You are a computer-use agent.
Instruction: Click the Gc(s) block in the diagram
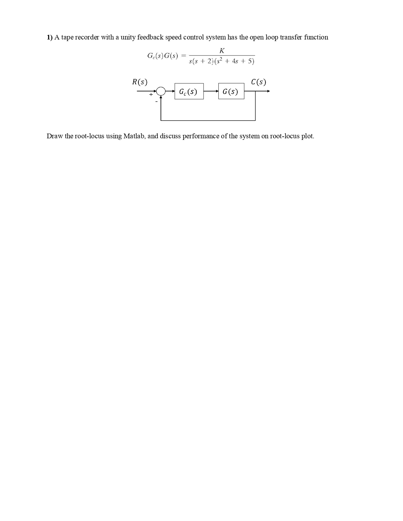189,92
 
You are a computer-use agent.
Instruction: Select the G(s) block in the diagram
231,91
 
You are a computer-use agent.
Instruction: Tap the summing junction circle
161,91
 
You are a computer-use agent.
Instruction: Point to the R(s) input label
139,82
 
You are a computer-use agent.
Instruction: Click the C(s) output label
259,82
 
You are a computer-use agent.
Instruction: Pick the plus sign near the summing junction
151,94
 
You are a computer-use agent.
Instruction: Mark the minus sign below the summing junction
156,102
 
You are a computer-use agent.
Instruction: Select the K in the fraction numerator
222,51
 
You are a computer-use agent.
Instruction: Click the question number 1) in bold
50,37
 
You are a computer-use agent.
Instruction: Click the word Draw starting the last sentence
55,136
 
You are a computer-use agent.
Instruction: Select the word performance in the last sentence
200,136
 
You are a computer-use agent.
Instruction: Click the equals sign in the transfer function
183,56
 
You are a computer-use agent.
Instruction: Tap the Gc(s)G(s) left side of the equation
162,56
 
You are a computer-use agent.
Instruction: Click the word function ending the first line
316,37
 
